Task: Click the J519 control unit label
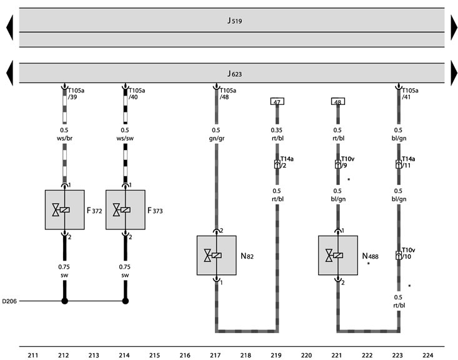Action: tap(234, 21)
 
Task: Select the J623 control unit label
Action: tap(234, 74)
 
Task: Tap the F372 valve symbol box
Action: tap(64, 210)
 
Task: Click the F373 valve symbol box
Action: tap(126, 210)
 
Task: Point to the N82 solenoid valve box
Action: tap(216, 256)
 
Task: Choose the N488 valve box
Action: tap(338, 256)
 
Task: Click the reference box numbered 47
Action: tap(277, 101)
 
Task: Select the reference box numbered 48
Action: tap(338, 101)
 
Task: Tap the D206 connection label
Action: tap(9, 301)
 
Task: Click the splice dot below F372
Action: tap(64, 301)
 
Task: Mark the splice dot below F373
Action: tap(126, 301)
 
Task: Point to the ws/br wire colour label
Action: tap(64, 138)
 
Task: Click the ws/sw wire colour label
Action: tap(125, 138)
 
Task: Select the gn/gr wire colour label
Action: tap(217, 138)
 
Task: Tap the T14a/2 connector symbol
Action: tap(277, 164)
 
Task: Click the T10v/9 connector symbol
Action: tap(338, 164)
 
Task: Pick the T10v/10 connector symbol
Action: tap(399, 256)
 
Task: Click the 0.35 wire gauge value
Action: tap(276, 130)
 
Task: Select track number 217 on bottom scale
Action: tap(216, 356)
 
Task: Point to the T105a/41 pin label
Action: tap(410, 94)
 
